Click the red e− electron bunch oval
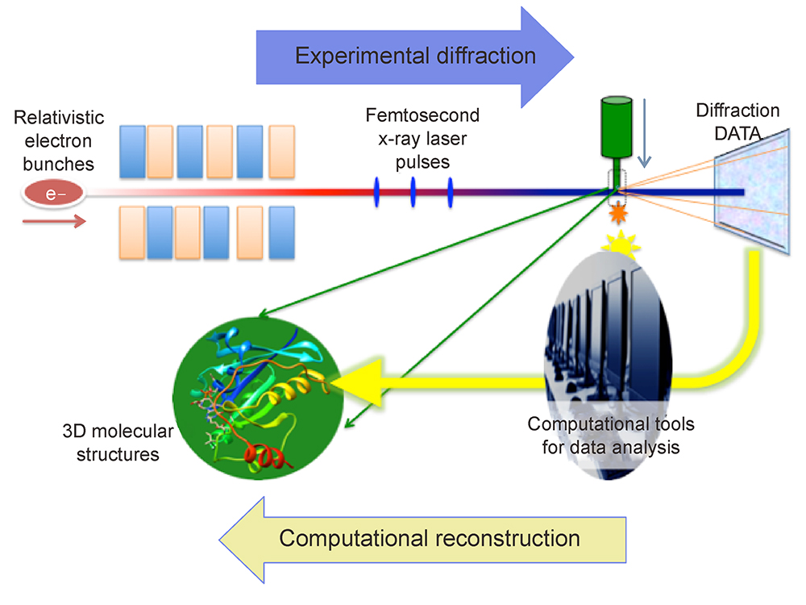coord(53,194)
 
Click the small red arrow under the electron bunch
coord(54,222)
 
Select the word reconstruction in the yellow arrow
coord(508,539)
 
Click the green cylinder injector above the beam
coord(617,127)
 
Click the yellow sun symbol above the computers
coord(621,244)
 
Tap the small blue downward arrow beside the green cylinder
coord(644,133)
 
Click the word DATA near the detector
coord(737,134)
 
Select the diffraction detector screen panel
coord(752,191)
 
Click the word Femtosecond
coord(422,115)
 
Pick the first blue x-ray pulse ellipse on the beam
coord(376,193)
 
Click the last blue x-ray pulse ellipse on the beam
coord(451,193)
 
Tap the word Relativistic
coord(59,117)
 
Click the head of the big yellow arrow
coord(356,382)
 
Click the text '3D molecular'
coord(118,431)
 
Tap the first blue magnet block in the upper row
coord(132,152)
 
